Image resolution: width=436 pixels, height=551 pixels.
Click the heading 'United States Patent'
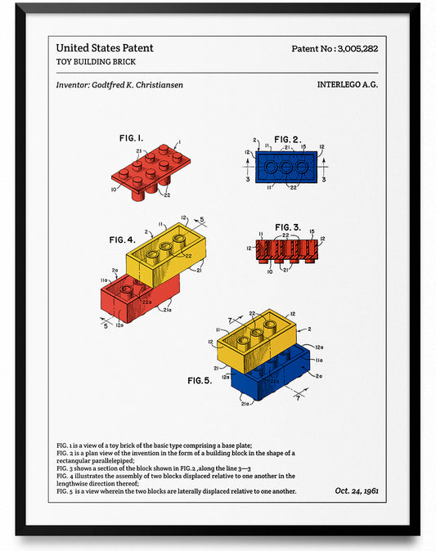[105, 48]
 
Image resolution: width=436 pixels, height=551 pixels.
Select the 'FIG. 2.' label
[286, 139]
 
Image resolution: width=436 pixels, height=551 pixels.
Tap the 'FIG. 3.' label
[287, 226]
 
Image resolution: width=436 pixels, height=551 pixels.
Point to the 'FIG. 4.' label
[122, 240]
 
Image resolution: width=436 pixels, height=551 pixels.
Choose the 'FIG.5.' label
[200, 381]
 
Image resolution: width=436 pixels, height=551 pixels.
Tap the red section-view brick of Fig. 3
[287, 252]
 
